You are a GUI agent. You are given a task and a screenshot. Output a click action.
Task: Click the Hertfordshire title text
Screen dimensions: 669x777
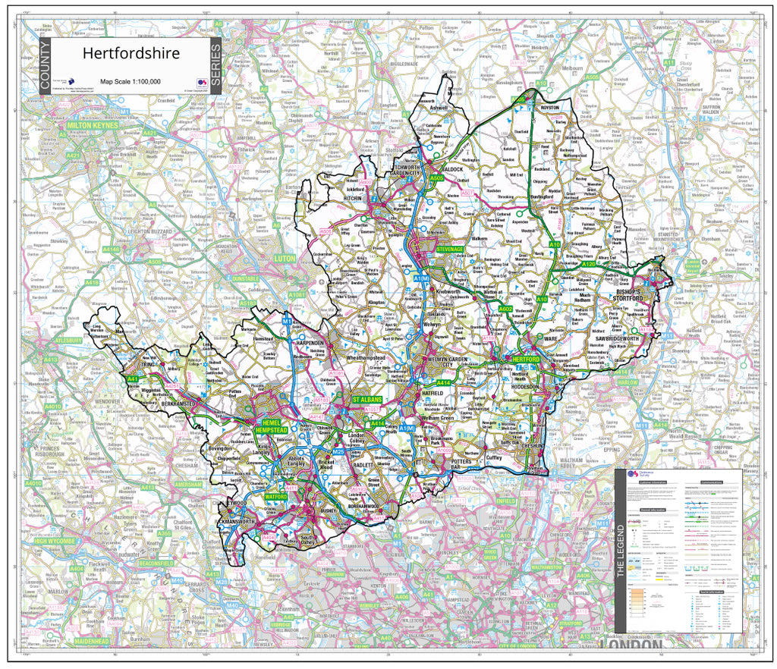[131, 54]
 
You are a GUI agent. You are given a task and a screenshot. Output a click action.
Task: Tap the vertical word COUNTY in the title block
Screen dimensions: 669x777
[46, 68]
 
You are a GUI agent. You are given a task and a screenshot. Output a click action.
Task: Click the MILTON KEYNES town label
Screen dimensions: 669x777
[93, 124]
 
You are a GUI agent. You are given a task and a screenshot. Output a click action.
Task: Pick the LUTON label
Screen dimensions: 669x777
[285, 259]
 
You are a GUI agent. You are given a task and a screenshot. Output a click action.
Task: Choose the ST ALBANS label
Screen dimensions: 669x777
[367, 398]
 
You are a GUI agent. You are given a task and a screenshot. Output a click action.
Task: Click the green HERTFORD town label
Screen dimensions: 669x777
[525, 359]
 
